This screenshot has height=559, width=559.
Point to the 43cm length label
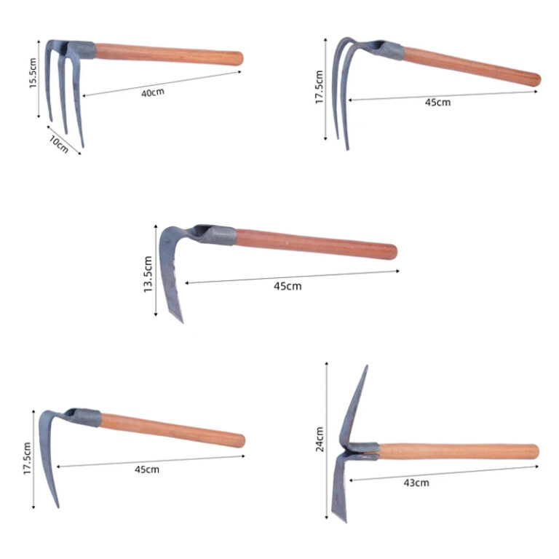(x=417, y=482)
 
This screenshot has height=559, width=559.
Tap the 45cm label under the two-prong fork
(x=437, y=103)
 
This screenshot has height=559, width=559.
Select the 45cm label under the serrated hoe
(x=288, y=286)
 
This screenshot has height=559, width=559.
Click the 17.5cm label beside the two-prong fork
(x=319, y=87)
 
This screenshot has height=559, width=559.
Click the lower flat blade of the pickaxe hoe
(x=340, y=488)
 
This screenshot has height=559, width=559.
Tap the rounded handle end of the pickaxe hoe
(x=535, y=451)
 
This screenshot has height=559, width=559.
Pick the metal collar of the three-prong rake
(x=82, y=50)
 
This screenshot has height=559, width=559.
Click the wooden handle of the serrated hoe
(x=317, y=243)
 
